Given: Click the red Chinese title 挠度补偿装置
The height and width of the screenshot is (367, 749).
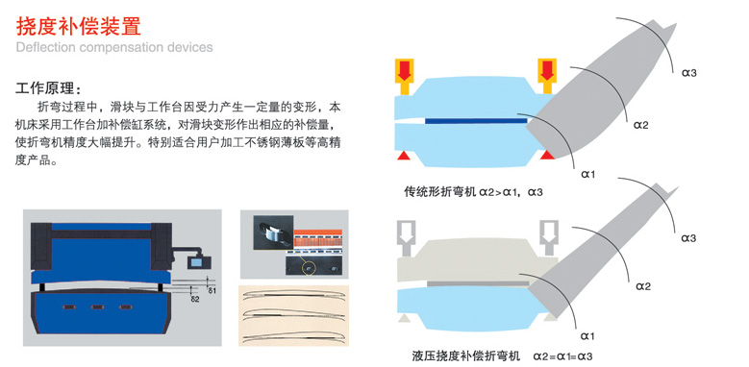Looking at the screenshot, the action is (79, 26).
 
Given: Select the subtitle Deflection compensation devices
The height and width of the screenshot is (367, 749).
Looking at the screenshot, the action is (114, 47).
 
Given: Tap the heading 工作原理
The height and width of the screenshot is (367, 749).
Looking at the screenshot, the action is (49, 89).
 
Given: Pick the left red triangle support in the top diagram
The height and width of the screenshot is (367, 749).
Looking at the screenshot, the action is (404, 155).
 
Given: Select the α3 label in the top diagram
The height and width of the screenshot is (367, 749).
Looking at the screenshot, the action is (688, 73).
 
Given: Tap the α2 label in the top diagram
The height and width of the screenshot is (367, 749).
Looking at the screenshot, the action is (641, 126).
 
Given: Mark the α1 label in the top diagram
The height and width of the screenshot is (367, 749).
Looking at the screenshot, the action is (588, 175).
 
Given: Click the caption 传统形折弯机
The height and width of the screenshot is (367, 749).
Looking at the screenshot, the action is (440, 192).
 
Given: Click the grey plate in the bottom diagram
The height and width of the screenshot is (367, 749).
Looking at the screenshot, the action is (478, 283).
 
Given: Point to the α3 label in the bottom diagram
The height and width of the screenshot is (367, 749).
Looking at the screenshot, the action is (688, 237).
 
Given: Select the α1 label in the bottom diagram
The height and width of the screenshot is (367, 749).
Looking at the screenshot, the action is (587, 337).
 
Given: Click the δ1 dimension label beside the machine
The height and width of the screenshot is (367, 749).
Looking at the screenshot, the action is (212, 290).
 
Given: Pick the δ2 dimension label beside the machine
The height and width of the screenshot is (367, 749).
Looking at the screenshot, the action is (195, 299).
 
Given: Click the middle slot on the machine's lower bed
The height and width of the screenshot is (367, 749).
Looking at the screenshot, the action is (97, 306).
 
